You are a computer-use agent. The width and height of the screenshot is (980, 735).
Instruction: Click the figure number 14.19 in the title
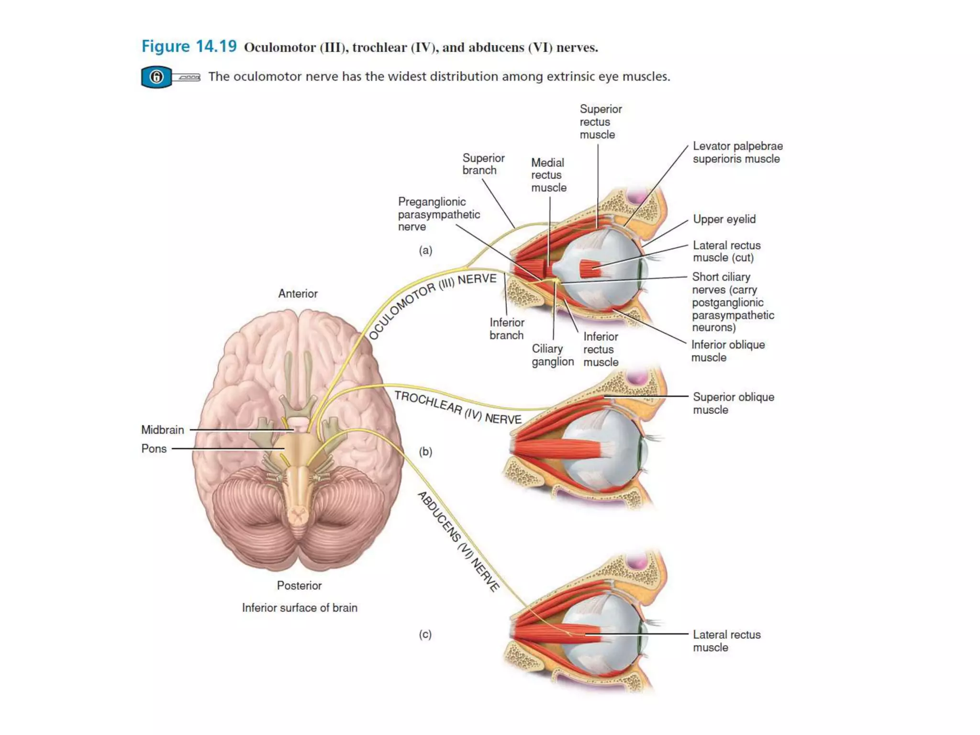(216, 46)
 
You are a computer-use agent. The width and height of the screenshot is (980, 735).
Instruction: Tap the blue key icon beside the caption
(156, 77)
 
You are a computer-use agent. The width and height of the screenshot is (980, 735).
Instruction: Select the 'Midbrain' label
(163, 430)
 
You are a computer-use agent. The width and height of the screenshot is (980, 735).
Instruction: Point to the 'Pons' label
(154, 449)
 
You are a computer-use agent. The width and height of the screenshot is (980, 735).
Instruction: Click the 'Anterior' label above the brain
(298, 293)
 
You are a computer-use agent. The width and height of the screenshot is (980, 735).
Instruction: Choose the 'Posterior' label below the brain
(299, 585)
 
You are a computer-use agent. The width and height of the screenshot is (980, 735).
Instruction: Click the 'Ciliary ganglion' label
(552, 355)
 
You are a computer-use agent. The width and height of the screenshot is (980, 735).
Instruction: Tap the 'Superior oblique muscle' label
(733, 403)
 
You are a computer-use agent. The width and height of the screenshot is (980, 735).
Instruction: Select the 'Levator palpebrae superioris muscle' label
(737, 152)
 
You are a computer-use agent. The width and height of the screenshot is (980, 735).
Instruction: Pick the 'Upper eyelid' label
(724, 219)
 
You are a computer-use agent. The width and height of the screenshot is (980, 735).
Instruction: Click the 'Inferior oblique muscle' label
(727, 351)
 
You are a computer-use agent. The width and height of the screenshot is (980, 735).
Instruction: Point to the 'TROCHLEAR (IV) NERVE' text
(457, 408)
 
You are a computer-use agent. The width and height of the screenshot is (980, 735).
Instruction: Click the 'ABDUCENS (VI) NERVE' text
(458, 541)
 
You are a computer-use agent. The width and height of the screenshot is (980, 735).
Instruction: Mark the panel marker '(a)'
(425, 250)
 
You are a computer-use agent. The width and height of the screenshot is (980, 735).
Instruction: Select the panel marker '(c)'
(425, 634)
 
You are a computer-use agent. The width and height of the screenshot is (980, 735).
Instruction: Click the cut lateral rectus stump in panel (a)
(590, 268)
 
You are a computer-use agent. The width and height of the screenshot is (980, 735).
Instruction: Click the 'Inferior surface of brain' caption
(300, 608)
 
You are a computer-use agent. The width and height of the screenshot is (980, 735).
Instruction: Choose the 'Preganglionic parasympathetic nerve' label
(438, 214)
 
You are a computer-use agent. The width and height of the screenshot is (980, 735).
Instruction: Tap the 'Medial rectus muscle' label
(548, 175)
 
